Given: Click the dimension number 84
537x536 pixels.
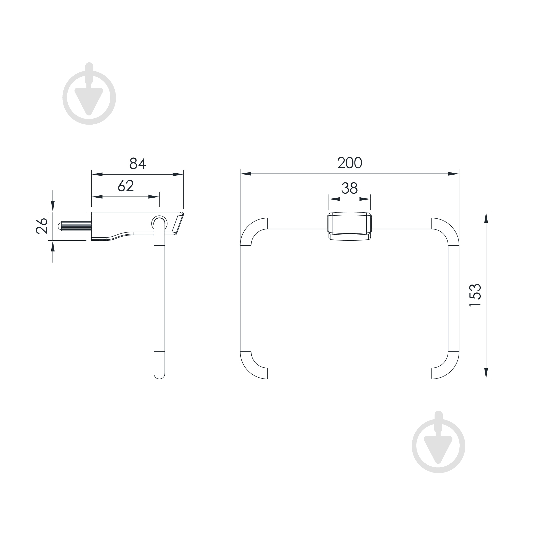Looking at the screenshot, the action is click(138, 163).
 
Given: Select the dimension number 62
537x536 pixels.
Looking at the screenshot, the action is click(126, 186).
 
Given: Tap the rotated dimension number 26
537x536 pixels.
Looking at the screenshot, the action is click(42, 226).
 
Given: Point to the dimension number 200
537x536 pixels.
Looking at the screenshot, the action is click(350, 162).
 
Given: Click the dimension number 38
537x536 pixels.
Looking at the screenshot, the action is click(349, 188).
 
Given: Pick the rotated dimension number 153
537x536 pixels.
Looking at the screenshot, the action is click(475, 295).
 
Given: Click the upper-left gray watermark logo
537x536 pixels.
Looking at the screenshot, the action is click(89, 94).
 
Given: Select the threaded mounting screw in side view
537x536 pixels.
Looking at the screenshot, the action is click(75, 226).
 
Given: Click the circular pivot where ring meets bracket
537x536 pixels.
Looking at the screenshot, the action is click(159, 223).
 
